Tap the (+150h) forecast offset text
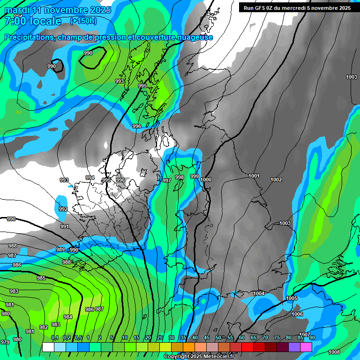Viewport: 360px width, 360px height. pyautogui.click(x=83, y=21)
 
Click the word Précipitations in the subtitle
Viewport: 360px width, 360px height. pyautogui.click(x=28, y=37)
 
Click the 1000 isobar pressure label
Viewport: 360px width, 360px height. pyautogui.click(x=206, y=180)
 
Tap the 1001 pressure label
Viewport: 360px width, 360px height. pyautogui.click(x=254, y=176)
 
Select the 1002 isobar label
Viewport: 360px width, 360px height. pyautogui.click(x=276, y=180)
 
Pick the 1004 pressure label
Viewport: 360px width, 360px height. pyautogui.click(x=259, y=293)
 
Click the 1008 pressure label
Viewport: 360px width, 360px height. pyautogui.click(x=334, y=352)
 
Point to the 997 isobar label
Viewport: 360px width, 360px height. pyautogui.click(x=166, y=180)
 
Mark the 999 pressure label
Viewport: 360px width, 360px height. pyautogui.click(x=194, y=176)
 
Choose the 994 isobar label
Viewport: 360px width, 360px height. pyautogui.click(x=90, y=178)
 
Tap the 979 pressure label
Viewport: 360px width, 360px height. pyautogui.click(x=5, y=342)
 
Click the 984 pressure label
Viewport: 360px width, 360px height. pyautogui.click(x=68, y=317)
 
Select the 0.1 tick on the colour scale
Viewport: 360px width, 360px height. pyautogui.click(x=55, y=338)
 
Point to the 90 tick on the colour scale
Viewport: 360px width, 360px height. pyautogui.click(x=312, y=338)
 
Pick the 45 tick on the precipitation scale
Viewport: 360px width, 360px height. pyautogui.click(x=207, y=338)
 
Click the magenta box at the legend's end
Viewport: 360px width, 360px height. pyautogui.click(x=306, y=347)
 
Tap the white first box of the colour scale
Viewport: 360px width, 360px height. pyautogui.click(x=48, y=347)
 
